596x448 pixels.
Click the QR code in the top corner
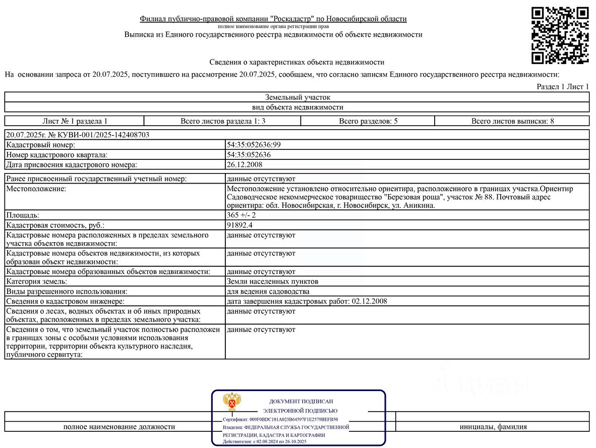[560, 35]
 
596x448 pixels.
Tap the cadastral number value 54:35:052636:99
[254, 145]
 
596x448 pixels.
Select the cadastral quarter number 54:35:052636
[249, 155]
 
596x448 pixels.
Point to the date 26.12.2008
[245, 164]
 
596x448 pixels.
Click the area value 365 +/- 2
[241, 215]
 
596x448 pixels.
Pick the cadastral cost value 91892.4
[240, 225]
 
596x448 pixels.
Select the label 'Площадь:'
[23, 215]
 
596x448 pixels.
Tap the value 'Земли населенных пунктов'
[272, 282]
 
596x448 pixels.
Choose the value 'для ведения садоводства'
[268, 292]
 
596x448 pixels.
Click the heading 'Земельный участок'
[297, 97]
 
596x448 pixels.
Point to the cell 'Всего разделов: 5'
[368, 121]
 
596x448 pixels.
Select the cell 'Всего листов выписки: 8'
[512, 121]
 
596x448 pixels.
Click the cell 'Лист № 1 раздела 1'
[75, 121]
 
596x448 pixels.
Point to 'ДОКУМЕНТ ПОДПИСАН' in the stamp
[301, 401]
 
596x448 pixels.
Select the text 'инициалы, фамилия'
[493, 427]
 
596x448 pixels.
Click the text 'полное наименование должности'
[119, 427]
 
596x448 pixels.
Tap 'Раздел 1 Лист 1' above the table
[562, 87]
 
